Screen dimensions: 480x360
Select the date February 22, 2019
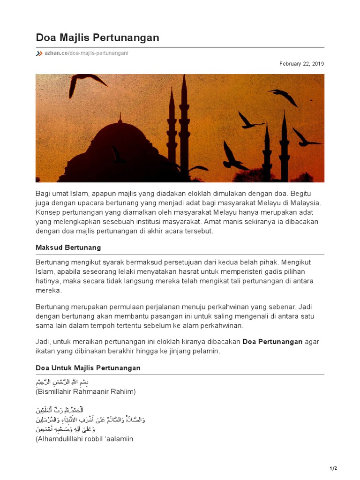coord(301,64)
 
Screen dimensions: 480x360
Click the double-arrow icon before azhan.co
coord(39,53)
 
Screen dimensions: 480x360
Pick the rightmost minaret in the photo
coord(284,145)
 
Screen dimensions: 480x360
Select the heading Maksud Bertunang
coord(68,247)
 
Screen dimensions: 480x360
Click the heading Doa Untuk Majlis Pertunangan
coord(88,368)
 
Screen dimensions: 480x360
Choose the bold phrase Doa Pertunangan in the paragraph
coord(272,342)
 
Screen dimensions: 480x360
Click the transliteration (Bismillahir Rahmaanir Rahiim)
coord(86,391)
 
